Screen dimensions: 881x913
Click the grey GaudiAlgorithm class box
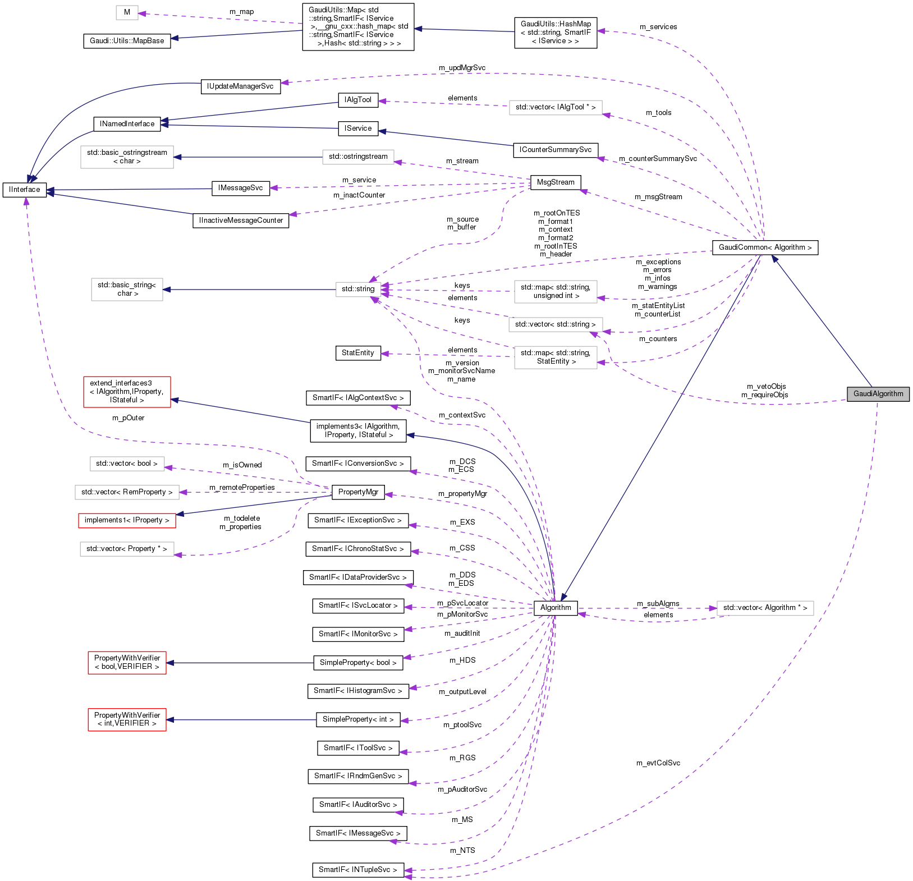click(878, 394)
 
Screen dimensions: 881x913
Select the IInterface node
click(25, 190)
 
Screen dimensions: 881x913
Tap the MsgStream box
click(556, 182)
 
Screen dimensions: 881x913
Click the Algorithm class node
click(556, 608)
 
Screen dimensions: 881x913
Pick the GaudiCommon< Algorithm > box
click(765, 247)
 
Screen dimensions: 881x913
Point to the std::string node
click(358, 289)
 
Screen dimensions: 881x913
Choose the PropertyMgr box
click(358, 492)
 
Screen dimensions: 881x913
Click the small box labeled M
click(127, 12)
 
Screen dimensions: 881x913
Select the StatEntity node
click(357, 353)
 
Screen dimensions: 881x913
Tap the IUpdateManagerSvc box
click(240, 86)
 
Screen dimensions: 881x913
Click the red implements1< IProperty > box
click(127, 520)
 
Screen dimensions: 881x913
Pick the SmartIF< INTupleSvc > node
click(357, 870)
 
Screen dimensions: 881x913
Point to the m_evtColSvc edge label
click(658, 763)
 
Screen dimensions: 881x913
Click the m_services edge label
click(658, 27)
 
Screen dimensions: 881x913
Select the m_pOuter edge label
click(128, 418)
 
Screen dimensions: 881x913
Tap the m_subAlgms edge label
click(658, 604)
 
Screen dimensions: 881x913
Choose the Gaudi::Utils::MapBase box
click(127, 41)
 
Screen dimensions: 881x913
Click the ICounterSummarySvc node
click(555, 150)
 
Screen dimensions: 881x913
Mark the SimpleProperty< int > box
click(358, 719)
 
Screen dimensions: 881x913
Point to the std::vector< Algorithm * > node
click(765, 608)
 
